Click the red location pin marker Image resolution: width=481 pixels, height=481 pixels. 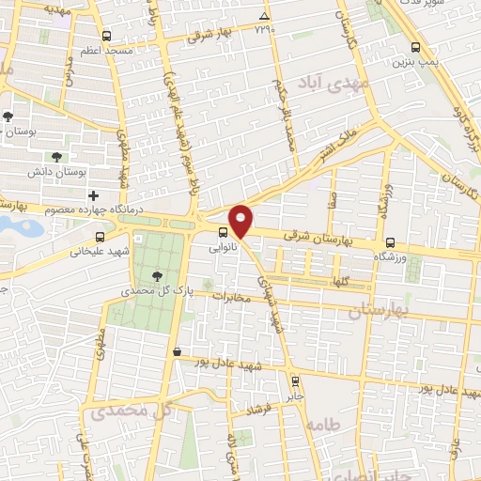click(x=241, y=220)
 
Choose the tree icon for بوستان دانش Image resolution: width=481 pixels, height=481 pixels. click(x=60, y=157)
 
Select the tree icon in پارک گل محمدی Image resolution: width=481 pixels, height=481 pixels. click(x=158, y=275)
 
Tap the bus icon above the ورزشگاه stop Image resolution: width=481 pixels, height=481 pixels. click(x=390, y=240)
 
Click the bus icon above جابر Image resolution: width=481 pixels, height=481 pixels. click(x=296, y=381)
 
